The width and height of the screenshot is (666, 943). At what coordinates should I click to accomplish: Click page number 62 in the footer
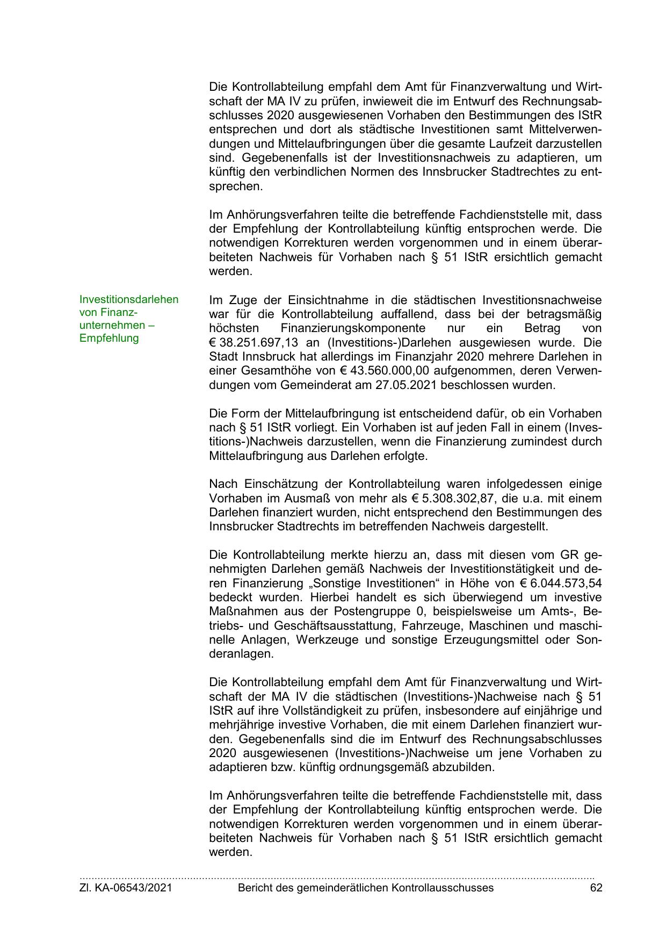point(596,888)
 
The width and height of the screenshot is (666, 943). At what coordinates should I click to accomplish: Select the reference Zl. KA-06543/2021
point(126,888)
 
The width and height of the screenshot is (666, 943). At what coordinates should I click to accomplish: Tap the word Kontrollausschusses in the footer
point(443,888)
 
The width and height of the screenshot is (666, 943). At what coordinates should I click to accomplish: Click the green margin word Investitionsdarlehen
point(129,299)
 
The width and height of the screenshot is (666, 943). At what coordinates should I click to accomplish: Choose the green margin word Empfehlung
point(109,338)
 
